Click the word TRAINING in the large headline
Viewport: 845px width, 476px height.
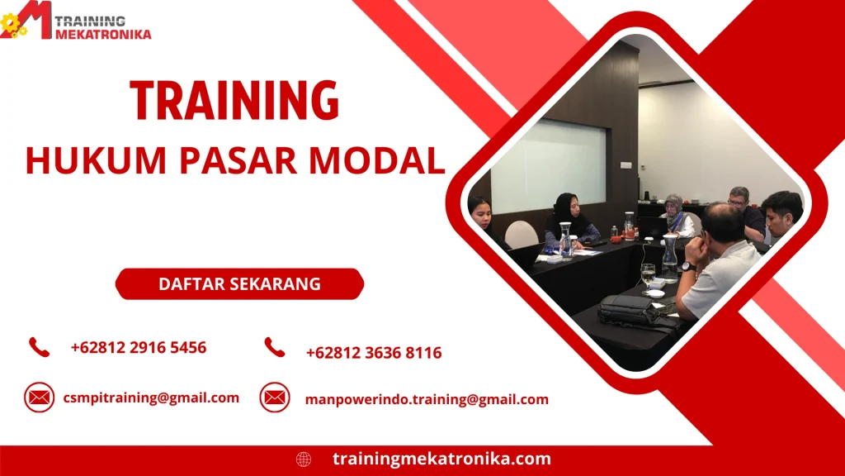point(234,102)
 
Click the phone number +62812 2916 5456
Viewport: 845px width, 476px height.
point(139,348)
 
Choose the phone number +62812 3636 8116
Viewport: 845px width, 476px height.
point(374,353)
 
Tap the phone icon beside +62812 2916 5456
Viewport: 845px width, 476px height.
point(39,347)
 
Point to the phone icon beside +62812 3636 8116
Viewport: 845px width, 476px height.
point(275,348)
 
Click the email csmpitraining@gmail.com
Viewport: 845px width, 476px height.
point(151,397)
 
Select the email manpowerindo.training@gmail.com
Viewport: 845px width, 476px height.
point(427,399)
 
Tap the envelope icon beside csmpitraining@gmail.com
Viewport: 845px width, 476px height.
point(39,397)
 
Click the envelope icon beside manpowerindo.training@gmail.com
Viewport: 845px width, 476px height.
point(275,397)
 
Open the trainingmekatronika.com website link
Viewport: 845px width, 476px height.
point(441,459)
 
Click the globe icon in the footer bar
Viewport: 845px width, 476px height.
point(304,459)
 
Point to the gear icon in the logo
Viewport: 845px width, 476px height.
point(12,25)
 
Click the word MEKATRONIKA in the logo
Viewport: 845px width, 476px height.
point(104,34)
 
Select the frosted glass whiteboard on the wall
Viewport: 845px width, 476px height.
point(548,164)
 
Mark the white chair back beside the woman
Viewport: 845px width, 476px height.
point(522,235)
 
